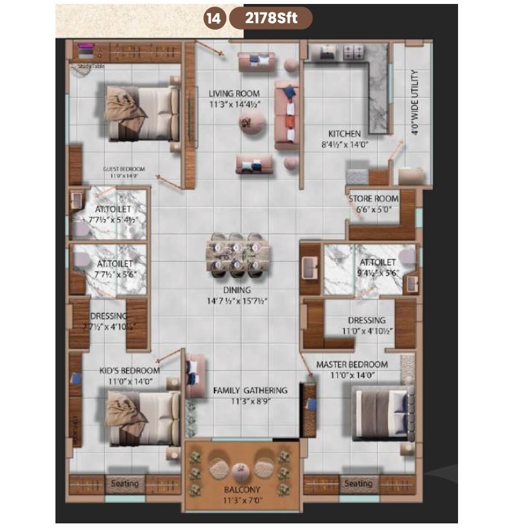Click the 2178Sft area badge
point(271,18)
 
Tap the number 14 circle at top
point(214,18)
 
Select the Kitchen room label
point(345,134)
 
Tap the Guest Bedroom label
point(124,169)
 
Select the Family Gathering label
point(250,391)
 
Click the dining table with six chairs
point(238,254)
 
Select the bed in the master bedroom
point(380,413)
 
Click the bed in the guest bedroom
point(145,114)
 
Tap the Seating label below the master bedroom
point(358,484)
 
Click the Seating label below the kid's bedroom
point(125,484)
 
